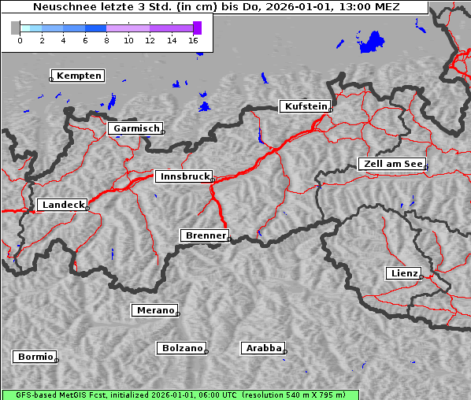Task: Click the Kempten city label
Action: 79,76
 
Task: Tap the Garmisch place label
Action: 136,128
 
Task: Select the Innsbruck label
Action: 184,177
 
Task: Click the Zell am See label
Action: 392,164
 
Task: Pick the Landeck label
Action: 62,205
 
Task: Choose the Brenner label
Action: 206,235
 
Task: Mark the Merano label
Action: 155,310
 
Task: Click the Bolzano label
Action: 183,348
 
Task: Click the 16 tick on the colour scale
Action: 193,39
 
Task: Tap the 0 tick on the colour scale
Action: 20,39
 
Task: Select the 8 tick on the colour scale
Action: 106,39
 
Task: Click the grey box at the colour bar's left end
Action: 16,28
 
